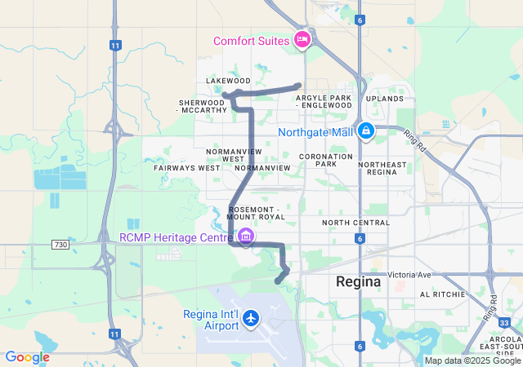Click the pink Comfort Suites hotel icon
303,38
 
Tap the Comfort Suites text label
252,41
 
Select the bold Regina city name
358,281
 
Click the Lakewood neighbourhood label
228,82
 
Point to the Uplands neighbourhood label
384,99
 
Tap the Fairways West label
186,168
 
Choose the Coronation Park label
325,159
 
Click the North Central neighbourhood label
355,222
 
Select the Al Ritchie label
442,294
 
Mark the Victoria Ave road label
408,274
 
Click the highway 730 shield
60,244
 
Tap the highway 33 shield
505,324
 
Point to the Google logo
27,357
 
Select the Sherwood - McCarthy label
203,105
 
